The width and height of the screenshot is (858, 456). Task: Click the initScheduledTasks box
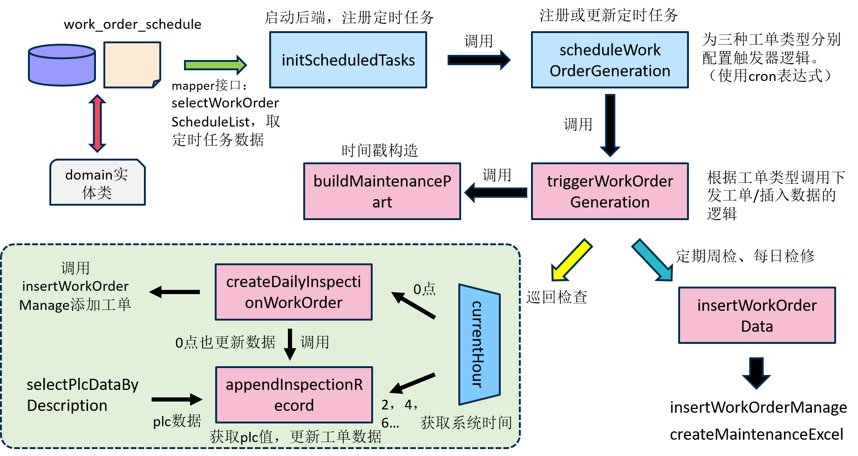coord(348,60)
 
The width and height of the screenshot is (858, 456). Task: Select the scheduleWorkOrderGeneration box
coord(610,60)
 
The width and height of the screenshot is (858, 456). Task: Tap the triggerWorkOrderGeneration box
coord(610,191)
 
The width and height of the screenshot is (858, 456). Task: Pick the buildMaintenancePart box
coord(382,191)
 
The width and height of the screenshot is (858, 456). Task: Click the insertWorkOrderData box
coord(757,315)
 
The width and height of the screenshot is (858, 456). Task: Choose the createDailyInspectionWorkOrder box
coord(293,292)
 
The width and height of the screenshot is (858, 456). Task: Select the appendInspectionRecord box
coord(294,395)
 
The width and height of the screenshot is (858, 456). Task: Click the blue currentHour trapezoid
coord(479,344)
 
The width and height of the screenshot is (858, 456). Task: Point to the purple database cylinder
coord(62,65)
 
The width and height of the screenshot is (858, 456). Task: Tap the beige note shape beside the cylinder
coord(132,64)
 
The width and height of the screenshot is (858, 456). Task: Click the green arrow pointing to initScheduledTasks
coord(215,65)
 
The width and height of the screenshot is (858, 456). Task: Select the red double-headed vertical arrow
coord(97,123)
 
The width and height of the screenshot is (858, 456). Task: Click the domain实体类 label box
coord(97,183)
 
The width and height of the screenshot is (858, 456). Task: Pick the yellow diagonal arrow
coord(571,261)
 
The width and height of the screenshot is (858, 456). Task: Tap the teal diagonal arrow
coord(653,261)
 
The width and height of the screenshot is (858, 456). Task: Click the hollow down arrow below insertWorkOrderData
coord(756,373)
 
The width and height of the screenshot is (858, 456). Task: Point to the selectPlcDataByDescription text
coord(82,395)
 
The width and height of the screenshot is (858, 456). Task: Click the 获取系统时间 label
coord(466,422)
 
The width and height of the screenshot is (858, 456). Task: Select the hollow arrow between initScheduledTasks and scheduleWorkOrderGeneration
coord(479,60)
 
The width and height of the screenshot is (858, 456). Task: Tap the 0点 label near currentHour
coord(424,289)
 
